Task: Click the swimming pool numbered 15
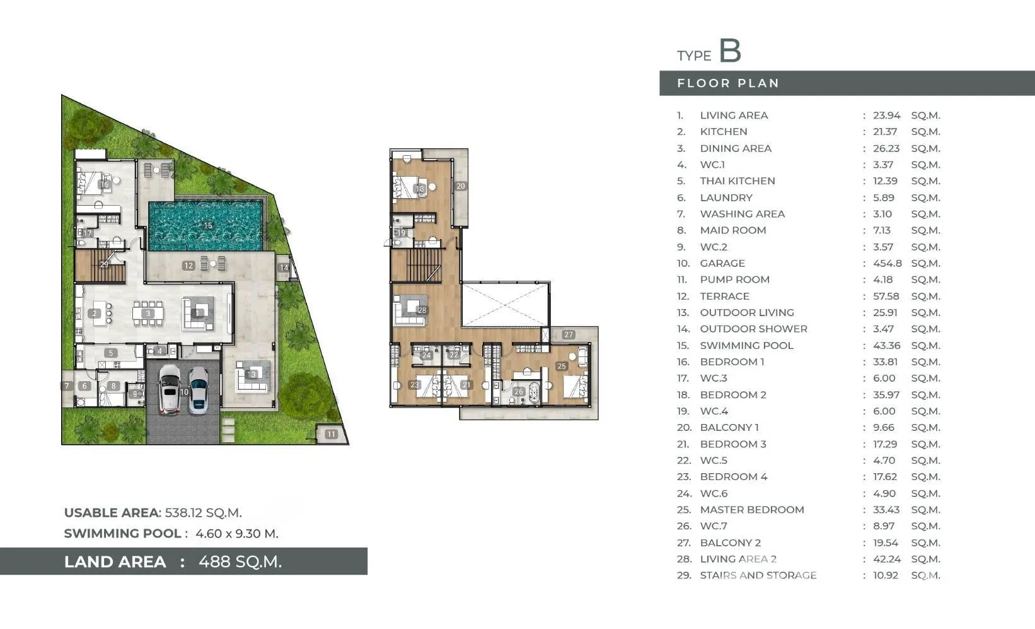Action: click(206, 225)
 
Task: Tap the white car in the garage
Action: click(170, 389)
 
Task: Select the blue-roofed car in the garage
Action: click(198, 390)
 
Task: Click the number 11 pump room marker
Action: click(331, 434)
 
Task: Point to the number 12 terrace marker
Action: click(188, 266)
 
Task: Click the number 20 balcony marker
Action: click(461, 186)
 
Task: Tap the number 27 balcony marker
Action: click(569, 334)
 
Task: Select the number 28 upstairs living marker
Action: click(422, 310)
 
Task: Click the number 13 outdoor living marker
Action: click(252, 374)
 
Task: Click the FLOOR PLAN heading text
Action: click(728, 83)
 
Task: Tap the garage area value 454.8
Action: click(887, 263)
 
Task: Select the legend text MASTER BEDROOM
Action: click(752, 510)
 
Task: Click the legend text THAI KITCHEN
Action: click(737, 181)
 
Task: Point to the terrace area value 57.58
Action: click(886, 296)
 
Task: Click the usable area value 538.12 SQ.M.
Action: click(204, 512)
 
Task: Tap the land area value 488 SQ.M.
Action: click(240, 561)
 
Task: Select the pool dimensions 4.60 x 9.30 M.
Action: click(236, 533)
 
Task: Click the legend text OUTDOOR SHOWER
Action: click(754, 329)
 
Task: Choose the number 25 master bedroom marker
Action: click(562, 366)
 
